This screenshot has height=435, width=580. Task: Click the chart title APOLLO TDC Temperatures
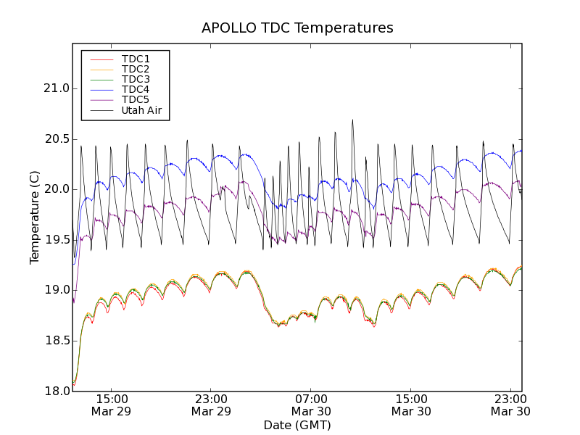297,28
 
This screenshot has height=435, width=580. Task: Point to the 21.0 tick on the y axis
56,88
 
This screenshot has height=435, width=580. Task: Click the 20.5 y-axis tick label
56,139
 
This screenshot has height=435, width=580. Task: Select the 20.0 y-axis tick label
56,189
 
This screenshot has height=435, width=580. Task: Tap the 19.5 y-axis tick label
56,240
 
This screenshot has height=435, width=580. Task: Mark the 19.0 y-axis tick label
56,290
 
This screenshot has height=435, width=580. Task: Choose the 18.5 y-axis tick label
56,341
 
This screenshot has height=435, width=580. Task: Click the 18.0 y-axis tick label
56,391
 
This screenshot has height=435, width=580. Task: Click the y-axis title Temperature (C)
35,217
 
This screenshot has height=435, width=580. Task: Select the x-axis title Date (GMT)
297,425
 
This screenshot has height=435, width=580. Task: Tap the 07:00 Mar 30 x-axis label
311,405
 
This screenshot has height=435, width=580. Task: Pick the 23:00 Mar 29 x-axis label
212,405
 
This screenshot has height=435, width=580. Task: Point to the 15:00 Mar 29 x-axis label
112,405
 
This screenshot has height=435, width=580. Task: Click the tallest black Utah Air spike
353,121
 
